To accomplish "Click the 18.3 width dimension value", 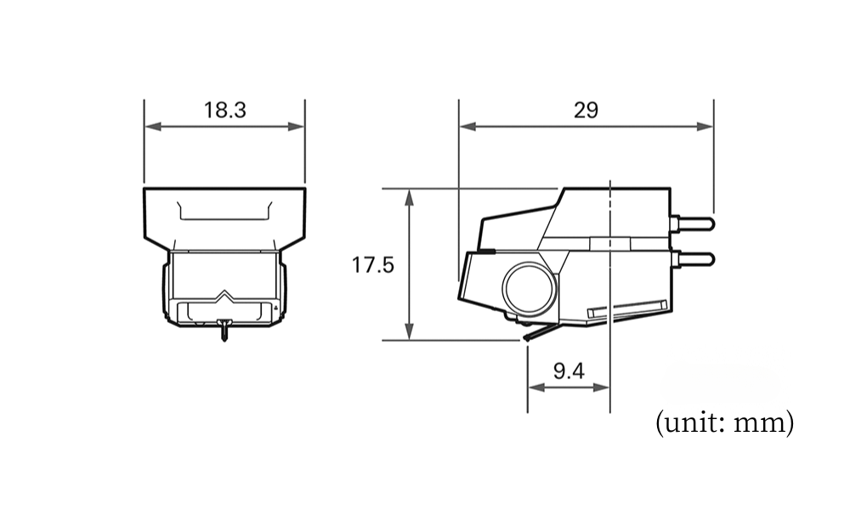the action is click(x=224, y=110).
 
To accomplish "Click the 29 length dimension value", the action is click(x=586, y=110).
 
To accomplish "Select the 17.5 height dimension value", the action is click(x=373, y=265).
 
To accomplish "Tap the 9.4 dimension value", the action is click(x=569, y=371).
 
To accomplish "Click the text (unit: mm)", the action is click(x=724, y=422).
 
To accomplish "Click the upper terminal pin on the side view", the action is click(x=692, y=224).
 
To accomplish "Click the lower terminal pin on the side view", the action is click(x=692, y=259).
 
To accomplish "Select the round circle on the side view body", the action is click(x=530, y=288).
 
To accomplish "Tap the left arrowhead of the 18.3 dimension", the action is click(x=153, y=127).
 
